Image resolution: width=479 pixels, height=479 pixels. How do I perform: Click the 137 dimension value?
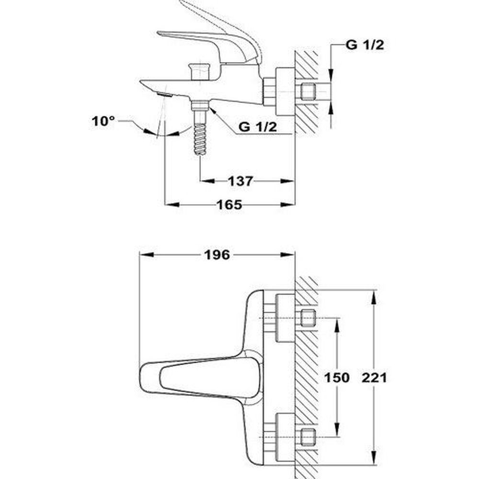coord(240,181)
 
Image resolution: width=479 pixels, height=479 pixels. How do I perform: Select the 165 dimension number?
coord(229,205)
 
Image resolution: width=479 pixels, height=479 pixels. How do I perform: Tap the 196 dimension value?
coord(217,255)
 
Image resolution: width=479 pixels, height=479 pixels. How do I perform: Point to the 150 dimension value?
coord(337,377)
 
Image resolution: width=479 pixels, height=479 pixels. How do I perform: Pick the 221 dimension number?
coord(374,377)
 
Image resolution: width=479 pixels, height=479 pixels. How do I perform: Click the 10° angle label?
coord(103,121)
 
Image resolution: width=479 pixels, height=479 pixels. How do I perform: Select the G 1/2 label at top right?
coord(365,45)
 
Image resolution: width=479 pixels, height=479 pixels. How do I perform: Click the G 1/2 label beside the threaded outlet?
coord(258,127)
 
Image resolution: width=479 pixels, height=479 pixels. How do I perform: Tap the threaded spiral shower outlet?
coord(200,139)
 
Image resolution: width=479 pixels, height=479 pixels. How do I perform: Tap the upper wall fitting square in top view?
coord(308,318)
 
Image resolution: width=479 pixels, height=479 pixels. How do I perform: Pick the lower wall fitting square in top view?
coord(308,437)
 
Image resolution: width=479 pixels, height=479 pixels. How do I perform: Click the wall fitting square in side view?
coord(308,91)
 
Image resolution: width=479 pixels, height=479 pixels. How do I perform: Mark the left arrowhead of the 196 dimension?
coord(146,255)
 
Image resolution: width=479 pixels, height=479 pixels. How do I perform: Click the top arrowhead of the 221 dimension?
coord(373,297)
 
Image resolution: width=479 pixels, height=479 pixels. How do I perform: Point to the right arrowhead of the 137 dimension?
coord(287,181)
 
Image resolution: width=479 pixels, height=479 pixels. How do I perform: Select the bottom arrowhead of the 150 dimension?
coord(337,430)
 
